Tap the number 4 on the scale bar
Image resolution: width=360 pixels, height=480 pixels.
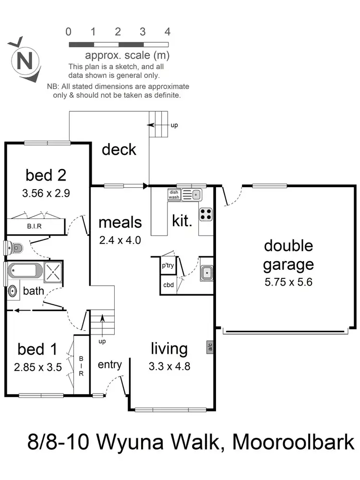tap(168, 32)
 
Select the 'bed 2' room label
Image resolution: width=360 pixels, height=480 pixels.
tap(46, 175)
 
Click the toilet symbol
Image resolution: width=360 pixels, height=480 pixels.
tap(16, 248)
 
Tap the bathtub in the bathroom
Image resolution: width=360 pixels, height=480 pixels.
tap(24, 270)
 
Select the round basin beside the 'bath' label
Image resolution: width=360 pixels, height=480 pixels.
tap(12, 291)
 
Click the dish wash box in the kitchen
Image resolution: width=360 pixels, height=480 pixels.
tap(174, 194)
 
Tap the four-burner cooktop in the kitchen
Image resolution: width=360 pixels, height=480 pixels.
tap(206, 214)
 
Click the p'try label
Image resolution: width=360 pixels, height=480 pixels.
tap(168, 265)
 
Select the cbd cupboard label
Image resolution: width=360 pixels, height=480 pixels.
tap(168, 285)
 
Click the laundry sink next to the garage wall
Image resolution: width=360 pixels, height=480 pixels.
tap(207, 273)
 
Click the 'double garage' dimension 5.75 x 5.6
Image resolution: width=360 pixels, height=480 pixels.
tap(288, 282)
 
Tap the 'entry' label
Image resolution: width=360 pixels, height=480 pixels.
tap(109, 365)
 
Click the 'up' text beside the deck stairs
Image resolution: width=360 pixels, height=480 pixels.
tap(174, 125)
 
